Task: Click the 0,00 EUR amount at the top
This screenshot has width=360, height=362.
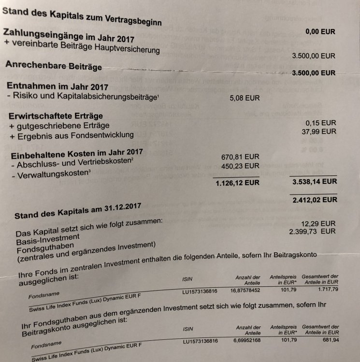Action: (x=320, y=31)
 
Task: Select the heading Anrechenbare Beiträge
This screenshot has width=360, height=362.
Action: (x=54, y=66)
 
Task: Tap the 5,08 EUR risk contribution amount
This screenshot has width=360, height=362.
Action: (x=246, y=97)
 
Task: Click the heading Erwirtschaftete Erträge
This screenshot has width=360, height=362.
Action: (x=56, y=116)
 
